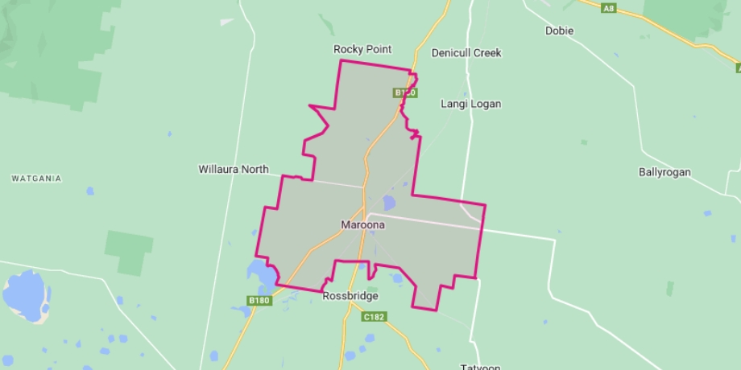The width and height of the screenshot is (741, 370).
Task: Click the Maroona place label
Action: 362,225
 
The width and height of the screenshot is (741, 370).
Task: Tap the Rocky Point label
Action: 362,49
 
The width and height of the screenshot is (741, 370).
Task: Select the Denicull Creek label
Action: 466,53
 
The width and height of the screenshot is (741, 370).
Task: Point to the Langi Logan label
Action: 470,104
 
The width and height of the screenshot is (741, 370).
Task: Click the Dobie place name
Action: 559,31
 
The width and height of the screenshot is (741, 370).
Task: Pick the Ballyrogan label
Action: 664,172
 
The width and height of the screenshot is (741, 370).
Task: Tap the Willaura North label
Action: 234,170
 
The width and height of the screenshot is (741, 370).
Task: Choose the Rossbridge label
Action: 350,296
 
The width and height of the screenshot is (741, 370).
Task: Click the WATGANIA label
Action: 37,179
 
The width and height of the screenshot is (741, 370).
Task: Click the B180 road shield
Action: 259,301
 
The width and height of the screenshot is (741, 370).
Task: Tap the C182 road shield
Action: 375,317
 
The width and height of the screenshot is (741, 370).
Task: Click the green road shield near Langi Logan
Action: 405,93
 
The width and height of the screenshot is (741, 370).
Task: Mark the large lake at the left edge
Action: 26,294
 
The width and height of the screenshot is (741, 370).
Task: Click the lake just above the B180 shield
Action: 262,276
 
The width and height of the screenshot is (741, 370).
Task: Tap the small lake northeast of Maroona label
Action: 390,203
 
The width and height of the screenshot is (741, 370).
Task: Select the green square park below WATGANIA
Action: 128,251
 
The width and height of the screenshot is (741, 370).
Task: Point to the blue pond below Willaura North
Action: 90,191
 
